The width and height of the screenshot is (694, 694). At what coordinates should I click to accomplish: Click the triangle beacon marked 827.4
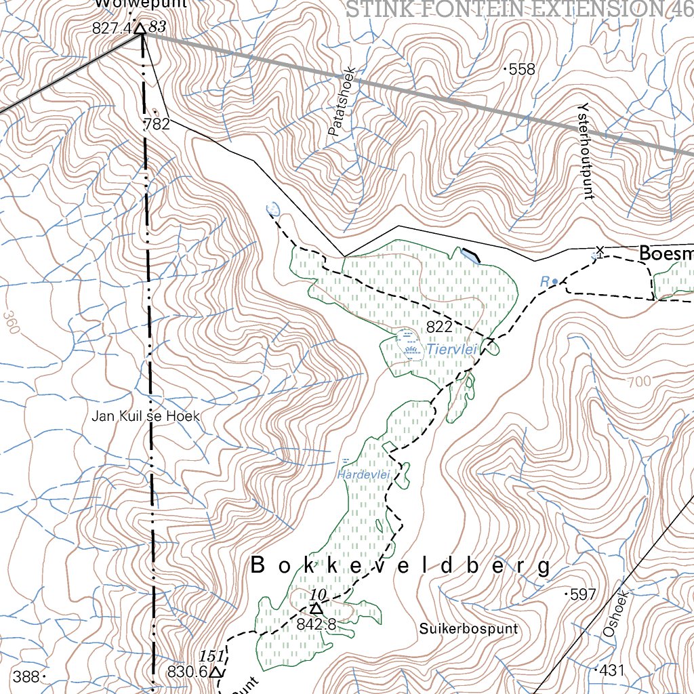pos(140,28)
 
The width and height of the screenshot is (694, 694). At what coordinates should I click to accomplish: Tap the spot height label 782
pos(157,124)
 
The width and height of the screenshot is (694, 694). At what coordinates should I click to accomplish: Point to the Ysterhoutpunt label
pos(585,151)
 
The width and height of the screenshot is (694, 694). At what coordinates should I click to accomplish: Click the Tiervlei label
pos(452,349)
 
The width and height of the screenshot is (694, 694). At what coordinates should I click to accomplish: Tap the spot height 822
pos(439,327)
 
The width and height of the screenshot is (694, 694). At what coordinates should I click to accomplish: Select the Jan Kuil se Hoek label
pos(146,415)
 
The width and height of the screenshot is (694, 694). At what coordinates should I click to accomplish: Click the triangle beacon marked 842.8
pos(316,609)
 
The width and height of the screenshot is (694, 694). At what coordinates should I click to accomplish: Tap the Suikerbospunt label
pos(468,628)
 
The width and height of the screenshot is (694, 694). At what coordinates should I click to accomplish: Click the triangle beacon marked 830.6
pos(216,672)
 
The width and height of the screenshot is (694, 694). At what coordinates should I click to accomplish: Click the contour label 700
pos(638,382)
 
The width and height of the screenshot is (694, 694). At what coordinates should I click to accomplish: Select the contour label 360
pos(11,323)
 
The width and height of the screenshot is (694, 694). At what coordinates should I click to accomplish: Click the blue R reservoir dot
pos(555,281)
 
